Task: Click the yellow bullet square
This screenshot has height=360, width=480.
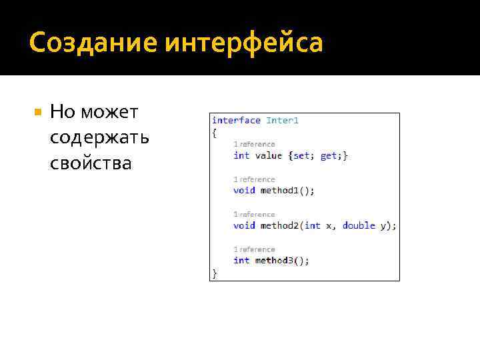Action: [37, 112]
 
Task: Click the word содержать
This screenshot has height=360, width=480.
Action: [99, 137]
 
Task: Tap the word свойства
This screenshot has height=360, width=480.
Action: [91, 163]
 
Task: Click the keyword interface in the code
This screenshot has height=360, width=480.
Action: [236, 120]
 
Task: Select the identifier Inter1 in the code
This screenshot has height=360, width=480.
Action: [283, 120]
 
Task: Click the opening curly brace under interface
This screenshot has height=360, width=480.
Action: [214, 133]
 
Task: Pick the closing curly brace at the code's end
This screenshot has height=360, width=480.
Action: [214, 273]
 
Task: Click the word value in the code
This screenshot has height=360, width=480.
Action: [269, 155]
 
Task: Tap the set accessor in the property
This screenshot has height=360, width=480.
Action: [302, 155]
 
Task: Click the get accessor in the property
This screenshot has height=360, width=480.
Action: [329, 155]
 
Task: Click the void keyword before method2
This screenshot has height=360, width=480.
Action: [244, 225]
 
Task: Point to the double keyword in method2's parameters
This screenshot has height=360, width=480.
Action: [359, 225]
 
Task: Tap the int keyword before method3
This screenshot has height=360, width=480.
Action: [241, 260]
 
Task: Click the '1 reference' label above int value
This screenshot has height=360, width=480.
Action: [254, 144]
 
